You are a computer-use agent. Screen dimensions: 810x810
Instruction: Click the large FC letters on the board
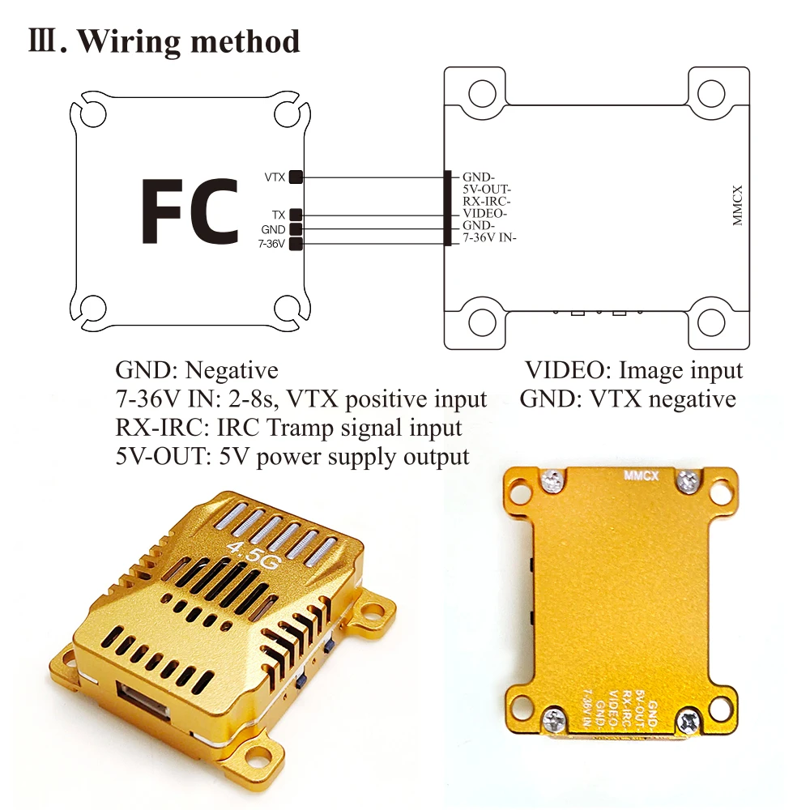[190, 211]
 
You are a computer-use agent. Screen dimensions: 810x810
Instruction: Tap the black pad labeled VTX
[296, 177]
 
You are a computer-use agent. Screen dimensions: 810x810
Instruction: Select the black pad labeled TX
[296, 215]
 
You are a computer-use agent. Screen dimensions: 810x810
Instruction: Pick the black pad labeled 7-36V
[296, 244]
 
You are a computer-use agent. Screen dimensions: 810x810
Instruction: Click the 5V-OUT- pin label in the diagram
[486, 190]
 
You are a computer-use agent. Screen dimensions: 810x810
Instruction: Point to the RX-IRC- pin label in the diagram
[486, 202]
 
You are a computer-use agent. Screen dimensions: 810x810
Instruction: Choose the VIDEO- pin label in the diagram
[484, 213]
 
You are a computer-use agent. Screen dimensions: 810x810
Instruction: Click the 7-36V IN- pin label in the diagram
[489, 237]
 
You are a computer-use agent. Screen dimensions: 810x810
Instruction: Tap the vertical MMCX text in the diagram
[737, 206]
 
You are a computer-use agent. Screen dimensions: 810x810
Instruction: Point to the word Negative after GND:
[232, 370]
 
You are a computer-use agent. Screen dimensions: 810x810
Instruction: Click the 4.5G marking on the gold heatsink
[253, 555]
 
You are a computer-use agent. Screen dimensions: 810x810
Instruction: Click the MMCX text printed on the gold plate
[641, 475]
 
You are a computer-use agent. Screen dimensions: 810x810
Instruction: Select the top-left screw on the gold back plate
[552, 480]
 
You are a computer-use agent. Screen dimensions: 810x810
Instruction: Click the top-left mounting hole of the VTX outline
[482, 94]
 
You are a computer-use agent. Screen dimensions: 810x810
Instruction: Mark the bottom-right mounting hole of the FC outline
[288, 308]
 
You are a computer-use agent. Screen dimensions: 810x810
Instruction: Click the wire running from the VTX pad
[373, 177]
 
